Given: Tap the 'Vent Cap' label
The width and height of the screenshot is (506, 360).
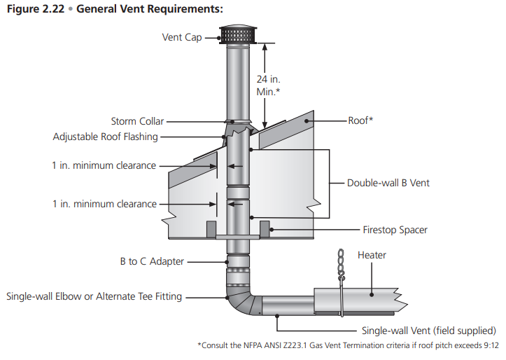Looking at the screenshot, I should tap(182, 37).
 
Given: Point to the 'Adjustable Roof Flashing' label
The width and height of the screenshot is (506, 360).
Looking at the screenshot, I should tap(106, 137).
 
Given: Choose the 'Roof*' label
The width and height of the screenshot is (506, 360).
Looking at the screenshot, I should tap(360, 120).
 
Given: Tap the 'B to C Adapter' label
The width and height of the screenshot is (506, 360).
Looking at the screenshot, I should tap(152, 261).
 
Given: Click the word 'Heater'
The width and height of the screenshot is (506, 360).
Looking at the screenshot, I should tap(372, 255).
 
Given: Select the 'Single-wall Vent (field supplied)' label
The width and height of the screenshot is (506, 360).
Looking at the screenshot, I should tap(428, 331).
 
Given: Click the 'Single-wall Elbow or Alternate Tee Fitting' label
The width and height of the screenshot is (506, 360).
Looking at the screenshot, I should tap(94, 296).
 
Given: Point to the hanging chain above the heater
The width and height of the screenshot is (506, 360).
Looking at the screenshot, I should tap(342, 267).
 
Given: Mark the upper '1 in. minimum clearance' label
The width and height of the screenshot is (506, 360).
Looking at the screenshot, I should tap(104, 166).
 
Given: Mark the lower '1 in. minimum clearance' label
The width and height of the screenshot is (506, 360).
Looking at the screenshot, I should tap(104, 204).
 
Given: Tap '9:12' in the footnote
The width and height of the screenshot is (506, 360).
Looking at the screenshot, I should tap(488, 345).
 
